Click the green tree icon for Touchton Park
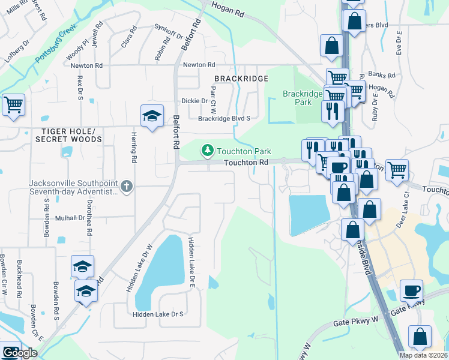[208, 150]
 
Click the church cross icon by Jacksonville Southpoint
[126, 187]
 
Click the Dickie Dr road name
[194, 101]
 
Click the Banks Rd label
[382, 76]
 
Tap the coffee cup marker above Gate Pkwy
[412, 291]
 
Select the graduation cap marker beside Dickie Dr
[152, 116]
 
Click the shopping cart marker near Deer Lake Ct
[397, 170]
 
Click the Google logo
[19, 353]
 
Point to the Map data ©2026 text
[424, 355]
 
